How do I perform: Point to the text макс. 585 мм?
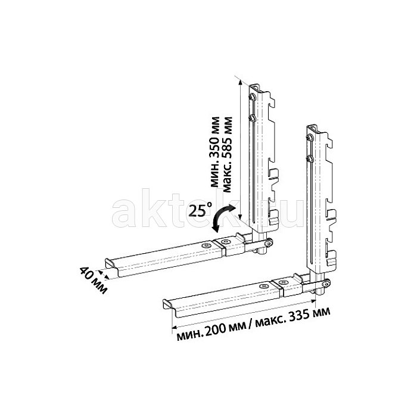(x=227, y=154)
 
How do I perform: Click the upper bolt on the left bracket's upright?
(x=251, y=97)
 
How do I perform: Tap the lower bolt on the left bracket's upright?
(x=251, y=117)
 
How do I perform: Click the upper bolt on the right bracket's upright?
(x=309, y=138)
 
